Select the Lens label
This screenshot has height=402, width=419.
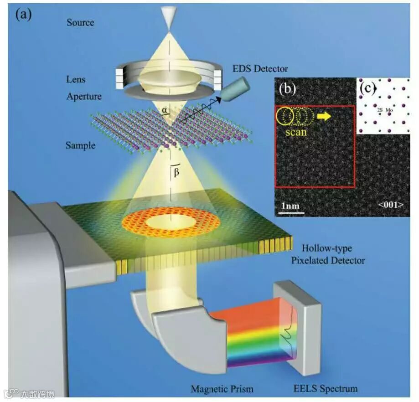coord(76,80)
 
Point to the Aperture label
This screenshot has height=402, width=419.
coord(84,97)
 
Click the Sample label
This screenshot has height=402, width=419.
coord(81,145)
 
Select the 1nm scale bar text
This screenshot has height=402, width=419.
coord(290,206)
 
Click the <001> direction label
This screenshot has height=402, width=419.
coord(390,205)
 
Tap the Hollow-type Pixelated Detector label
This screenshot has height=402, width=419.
coord(333,255)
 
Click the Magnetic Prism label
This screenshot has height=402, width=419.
coord(222,389)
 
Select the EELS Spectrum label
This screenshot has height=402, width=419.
coord(326,389)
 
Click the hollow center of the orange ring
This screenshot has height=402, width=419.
coord(171,222)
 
